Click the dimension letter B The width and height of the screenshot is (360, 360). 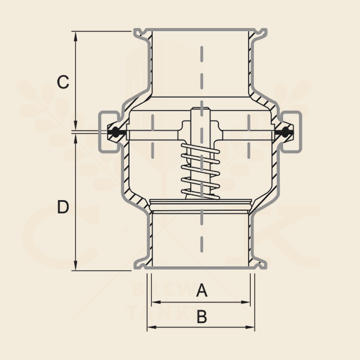point(202,317)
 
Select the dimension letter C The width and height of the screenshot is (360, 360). point(63,82)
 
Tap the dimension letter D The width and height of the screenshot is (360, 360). point(63,207)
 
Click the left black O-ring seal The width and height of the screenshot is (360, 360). point(115,132)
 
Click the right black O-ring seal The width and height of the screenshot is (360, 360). point(284,132)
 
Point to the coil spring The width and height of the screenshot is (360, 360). point(201,171)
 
